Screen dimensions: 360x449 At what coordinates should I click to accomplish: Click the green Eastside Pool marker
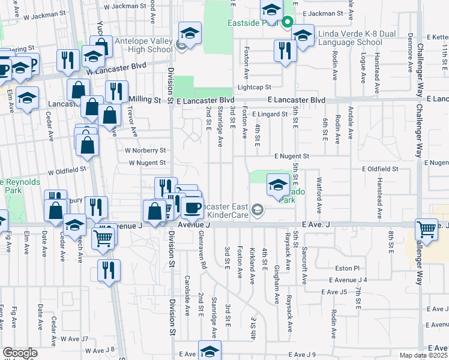coord(288,23)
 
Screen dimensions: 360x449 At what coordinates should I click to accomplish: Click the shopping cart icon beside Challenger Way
coord(426,229)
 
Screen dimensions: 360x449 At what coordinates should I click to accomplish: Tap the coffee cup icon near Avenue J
coord(192,208)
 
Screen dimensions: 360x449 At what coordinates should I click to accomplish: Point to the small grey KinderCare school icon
coord(257,209)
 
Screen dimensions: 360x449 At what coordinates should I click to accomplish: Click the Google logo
coord(20,353)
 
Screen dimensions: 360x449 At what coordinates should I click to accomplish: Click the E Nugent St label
coord(291,156)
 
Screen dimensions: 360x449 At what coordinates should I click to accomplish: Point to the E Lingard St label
coord(270,113)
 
